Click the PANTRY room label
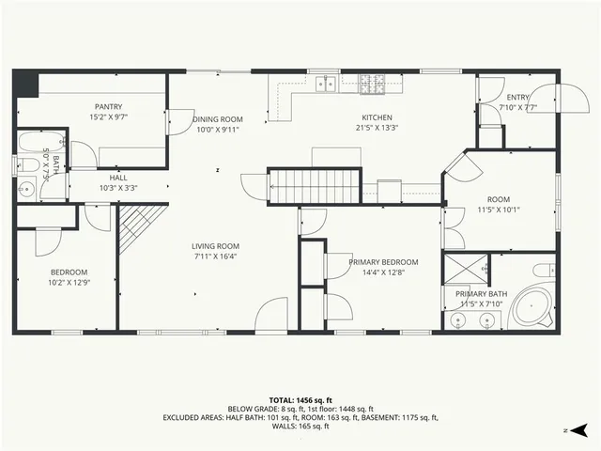(109, 107)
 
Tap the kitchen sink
(326, 85)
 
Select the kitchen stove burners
(374, 83)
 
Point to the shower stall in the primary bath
(465, 270)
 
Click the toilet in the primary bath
(543, 271)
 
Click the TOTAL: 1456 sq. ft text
(300, 399)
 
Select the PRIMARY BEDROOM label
(383, 262)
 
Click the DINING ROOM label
(217, 119)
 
